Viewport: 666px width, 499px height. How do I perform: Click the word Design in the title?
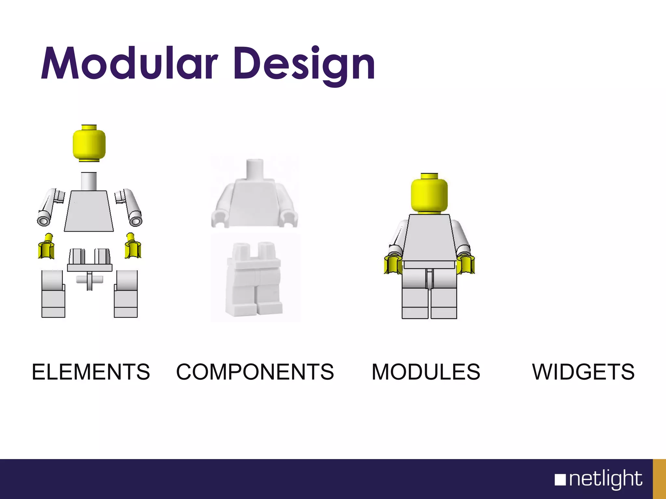point(304,65)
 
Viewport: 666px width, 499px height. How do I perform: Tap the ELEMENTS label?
point(91,372)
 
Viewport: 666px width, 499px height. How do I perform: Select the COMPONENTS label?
point(255,372)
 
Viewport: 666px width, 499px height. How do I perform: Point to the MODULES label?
point(426,372)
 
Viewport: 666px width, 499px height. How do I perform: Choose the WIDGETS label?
point(583,372)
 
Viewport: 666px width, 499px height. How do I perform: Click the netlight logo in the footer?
point(598,479)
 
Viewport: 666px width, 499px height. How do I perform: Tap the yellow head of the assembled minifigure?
point(429,194)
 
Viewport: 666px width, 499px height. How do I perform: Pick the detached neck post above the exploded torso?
point(89,181)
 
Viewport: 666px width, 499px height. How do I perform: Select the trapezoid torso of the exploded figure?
point(89,211)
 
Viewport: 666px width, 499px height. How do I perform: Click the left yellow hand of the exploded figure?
point(46,248)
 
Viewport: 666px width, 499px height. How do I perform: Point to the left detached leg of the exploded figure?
point(53,294)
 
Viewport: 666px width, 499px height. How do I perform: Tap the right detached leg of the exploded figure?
point(126,294)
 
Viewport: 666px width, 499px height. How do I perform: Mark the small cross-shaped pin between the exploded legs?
point(89,280)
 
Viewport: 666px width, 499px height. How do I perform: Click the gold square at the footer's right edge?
point(659,479)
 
